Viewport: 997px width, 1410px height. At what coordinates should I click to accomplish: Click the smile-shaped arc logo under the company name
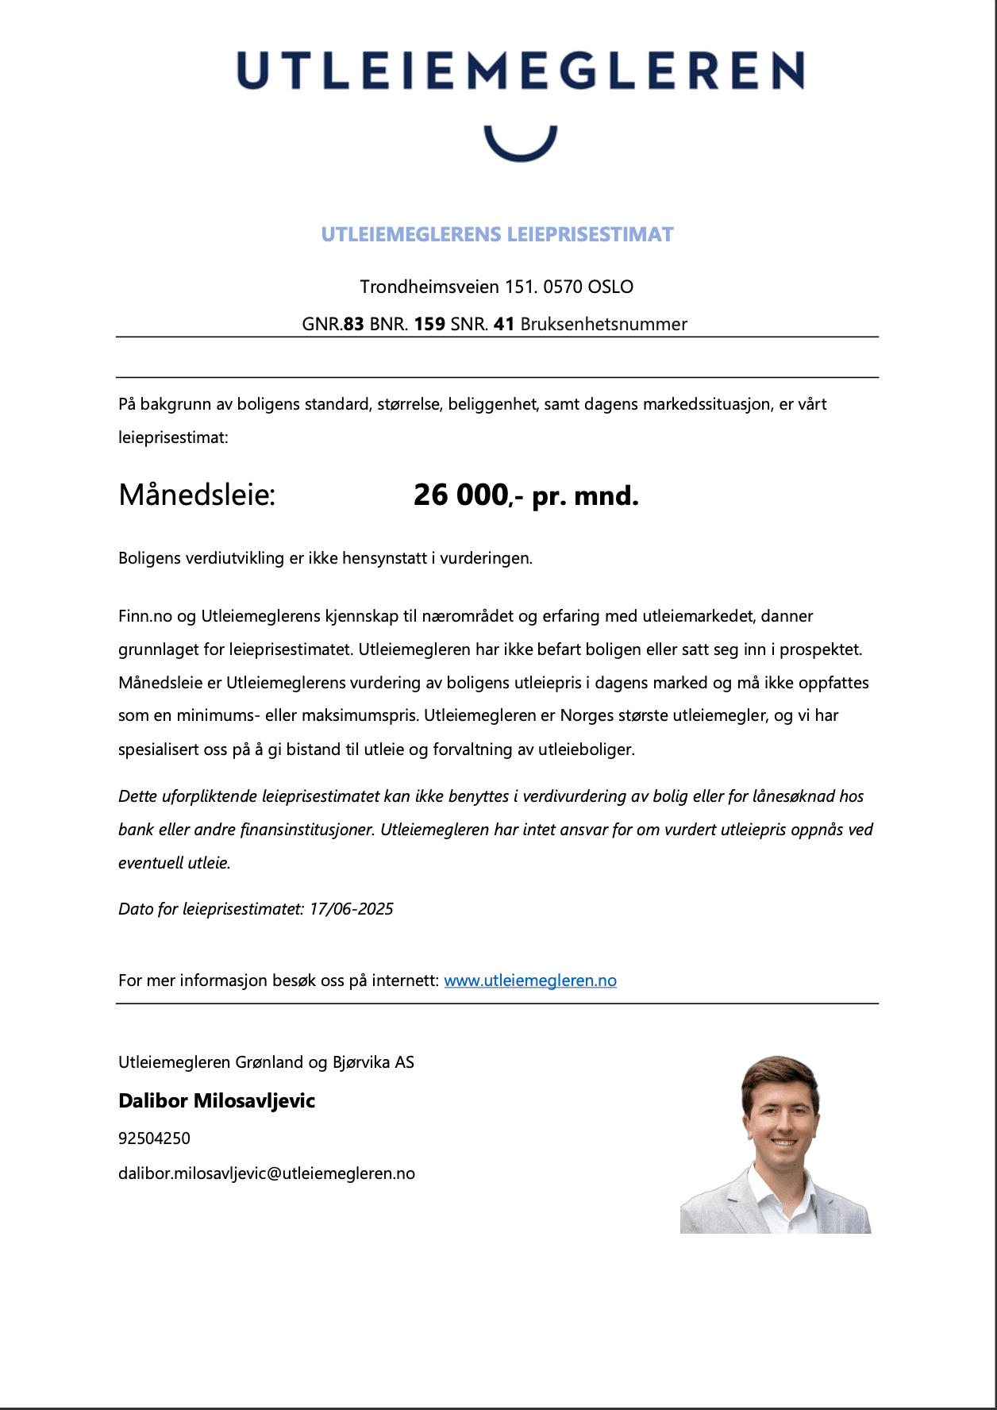point(521,147)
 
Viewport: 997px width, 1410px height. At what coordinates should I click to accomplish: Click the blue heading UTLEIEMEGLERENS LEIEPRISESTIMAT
point(497,234)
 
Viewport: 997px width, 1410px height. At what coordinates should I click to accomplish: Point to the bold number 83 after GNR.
point(354,324)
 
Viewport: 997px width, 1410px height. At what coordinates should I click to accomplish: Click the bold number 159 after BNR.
point(429,324)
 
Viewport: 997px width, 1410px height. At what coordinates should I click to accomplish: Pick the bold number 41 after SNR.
point(504,324)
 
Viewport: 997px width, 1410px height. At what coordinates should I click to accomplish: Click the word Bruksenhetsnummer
point(603,324)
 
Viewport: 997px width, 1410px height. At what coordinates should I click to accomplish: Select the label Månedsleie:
point(197,495)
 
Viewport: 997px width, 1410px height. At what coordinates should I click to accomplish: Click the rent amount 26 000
point(460,495)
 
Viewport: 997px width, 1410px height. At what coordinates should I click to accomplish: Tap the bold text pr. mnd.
point(585,496)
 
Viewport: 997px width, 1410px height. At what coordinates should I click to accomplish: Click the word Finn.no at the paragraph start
point(144,616)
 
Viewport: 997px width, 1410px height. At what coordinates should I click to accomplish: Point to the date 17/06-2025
point(352,909)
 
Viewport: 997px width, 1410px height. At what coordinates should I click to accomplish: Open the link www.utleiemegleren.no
point(530,980)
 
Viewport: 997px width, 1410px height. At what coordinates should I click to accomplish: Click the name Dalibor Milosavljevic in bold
point(217,1101)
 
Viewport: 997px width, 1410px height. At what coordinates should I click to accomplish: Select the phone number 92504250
point(154,1138)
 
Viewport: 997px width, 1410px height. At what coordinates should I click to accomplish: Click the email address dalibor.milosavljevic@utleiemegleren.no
point(267,1173)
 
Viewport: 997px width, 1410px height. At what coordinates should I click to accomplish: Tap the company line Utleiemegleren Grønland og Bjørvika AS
point(266,1062)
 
